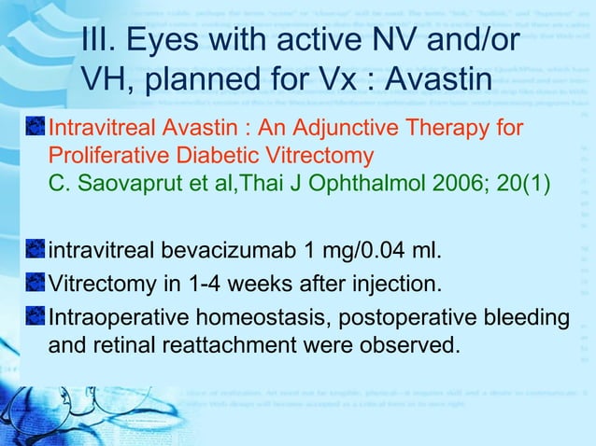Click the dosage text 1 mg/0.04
(363, 251)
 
